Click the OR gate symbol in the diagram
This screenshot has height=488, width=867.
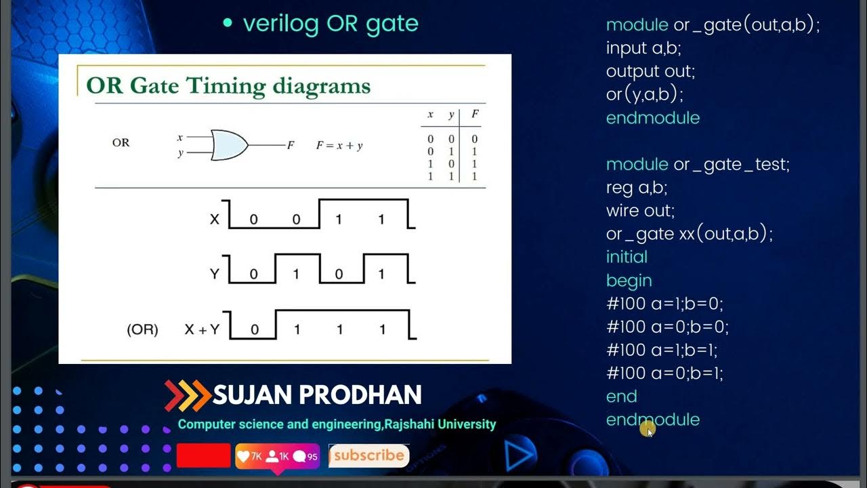[x=230, y=145]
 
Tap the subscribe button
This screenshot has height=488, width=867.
[x=368, y=455]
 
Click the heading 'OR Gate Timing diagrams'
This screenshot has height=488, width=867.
[x=228, y=86]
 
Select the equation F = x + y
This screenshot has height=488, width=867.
[x=339, y=145]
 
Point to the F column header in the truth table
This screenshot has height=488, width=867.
[x=475, y=115]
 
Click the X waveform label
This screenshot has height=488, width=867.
[x=215, y=219]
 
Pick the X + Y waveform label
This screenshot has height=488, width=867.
[x=202, y=329]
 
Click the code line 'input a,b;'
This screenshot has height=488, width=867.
[x=643, y=48]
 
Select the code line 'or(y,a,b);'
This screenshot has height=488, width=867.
[x=644, y=94]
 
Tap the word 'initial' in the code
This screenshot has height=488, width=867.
[x=627, y=257]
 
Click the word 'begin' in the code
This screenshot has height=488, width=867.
[x=629, y=281]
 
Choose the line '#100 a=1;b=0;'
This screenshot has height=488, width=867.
[x=664, y=304]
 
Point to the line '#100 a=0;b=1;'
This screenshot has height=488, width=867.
[x=664, y=373]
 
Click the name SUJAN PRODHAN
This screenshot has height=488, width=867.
[x=317, y=394]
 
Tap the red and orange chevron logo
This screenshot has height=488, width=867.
[x=187, y=395]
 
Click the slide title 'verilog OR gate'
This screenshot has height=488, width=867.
[x=331, y=24]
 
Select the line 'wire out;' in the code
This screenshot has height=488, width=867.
[x=640, y=211]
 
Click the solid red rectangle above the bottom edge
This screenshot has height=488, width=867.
[x=203, y=455]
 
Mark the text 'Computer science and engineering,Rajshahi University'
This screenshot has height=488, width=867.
[x=337, y=424]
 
